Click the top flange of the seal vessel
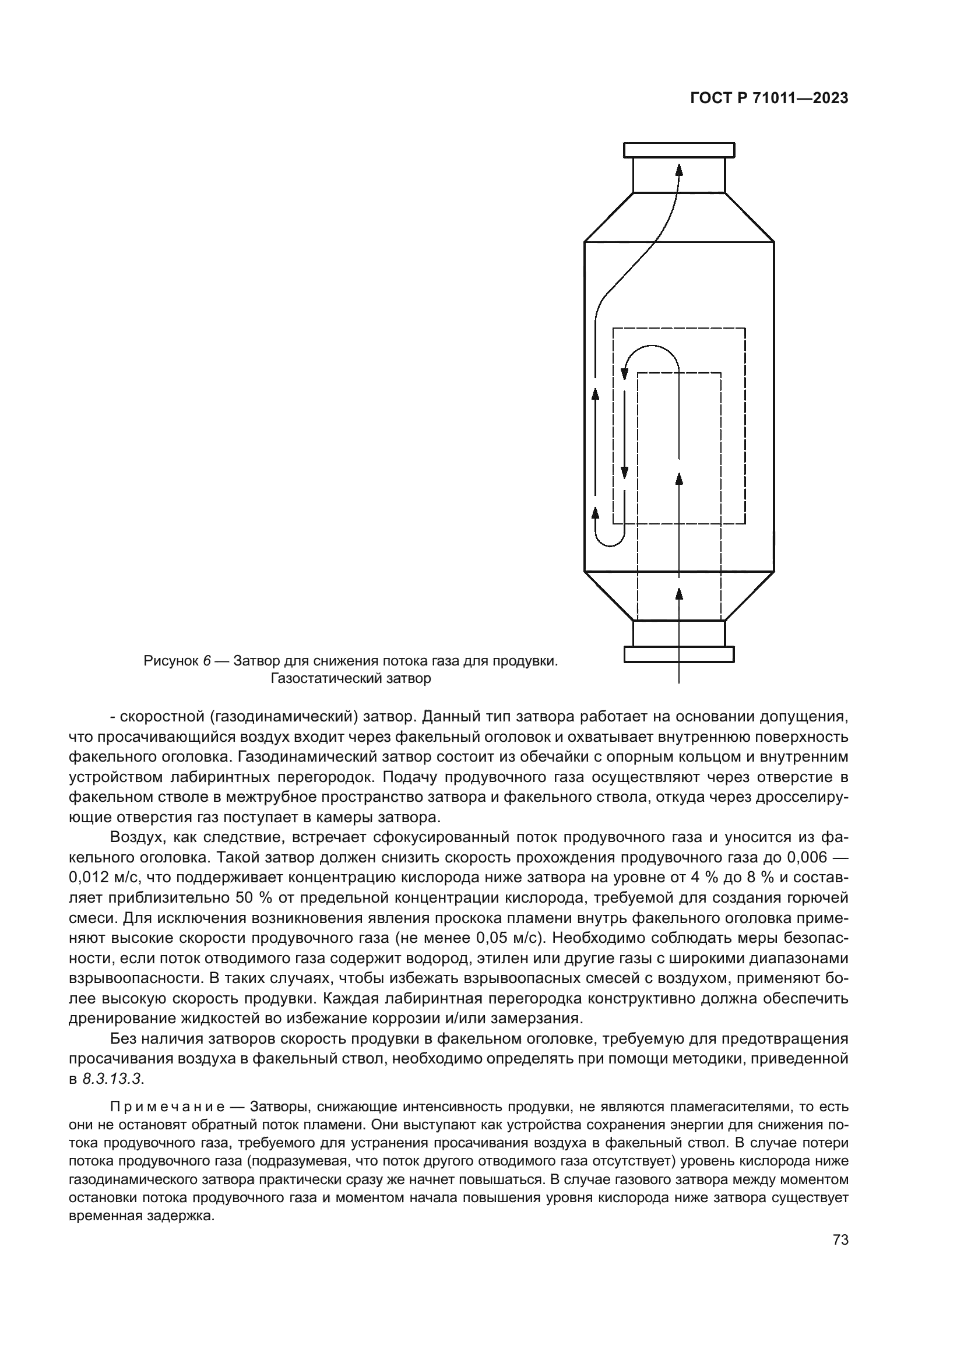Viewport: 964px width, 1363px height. [679, 150]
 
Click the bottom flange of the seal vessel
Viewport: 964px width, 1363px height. [679, 654]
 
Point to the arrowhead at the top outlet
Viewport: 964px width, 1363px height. [680, 170]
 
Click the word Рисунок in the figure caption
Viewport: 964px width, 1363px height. [171, 661]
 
